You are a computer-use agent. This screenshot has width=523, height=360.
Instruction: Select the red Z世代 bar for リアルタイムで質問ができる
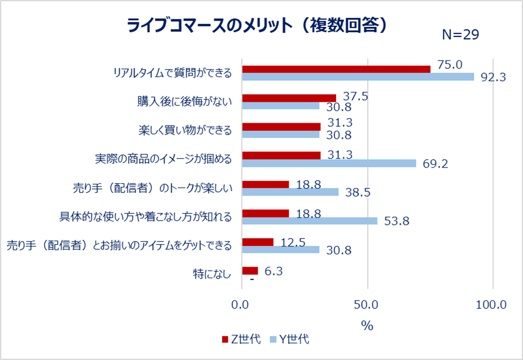336,69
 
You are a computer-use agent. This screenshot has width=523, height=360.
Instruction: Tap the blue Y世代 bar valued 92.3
357,77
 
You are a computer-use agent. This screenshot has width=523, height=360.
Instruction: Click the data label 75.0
450,65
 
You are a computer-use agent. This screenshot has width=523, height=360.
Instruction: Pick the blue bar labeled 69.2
329,163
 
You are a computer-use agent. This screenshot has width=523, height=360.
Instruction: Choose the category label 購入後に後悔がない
184,102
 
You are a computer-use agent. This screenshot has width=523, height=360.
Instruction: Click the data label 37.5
355,97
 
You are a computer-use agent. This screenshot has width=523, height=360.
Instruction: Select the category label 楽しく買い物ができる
184,130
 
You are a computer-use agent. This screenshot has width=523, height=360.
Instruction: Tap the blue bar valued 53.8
309,221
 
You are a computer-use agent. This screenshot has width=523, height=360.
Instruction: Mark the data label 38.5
358,192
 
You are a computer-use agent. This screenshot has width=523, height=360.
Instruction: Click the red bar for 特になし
250,271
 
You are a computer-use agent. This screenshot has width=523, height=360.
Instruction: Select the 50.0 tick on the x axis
367,304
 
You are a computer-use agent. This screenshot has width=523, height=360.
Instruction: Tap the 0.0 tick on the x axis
241,304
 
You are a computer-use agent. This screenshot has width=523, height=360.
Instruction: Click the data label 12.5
293,242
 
